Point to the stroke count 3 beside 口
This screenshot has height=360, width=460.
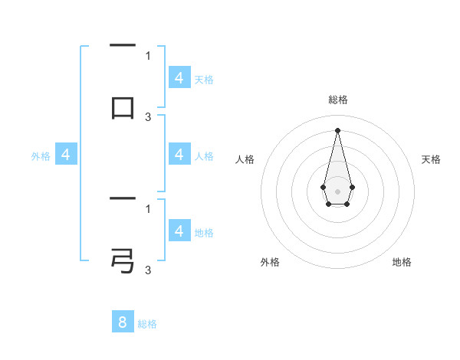coord(148,116)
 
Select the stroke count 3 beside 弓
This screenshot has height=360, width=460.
coord(148,270)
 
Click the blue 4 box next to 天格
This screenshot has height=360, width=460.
coord(179,78)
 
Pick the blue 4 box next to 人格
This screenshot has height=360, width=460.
coord(179,155)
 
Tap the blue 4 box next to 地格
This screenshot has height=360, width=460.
coord(179,231)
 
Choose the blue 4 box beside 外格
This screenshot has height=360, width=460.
coord(66,155)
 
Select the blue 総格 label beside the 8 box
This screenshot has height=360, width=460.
coord(147,324)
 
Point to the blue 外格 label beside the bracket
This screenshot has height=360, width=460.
coord(41,156)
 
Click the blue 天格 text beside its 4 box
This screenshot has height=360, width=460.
coord(204,80)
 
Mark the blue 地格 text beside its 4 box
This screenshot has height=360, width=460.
coord(204,233)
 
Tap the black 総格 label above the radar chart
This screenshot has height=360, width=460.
coord(338,100)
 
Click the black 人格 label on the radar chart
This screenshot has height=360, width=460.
coord(245,159)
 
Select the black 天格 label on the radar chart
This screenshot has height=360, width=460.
coord(431,159)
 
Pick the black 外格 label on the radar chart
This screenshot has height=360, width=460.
coord(270,262)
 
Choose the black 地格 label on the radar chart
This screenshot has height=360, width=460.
coord(402,262)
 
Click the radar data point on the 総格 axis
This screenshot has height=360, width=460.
coord(337,129)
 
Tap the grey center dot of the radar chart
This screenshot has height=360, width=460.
coord(337,191)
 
